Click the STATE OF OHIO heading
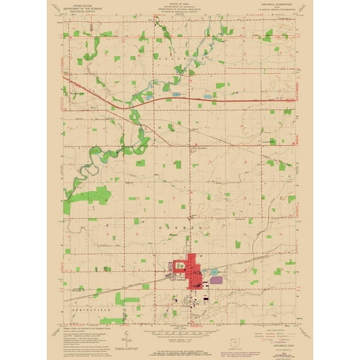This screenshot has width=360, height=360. point(179,3)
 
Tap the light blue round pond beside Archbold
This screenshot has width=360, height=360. point(214,271)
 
